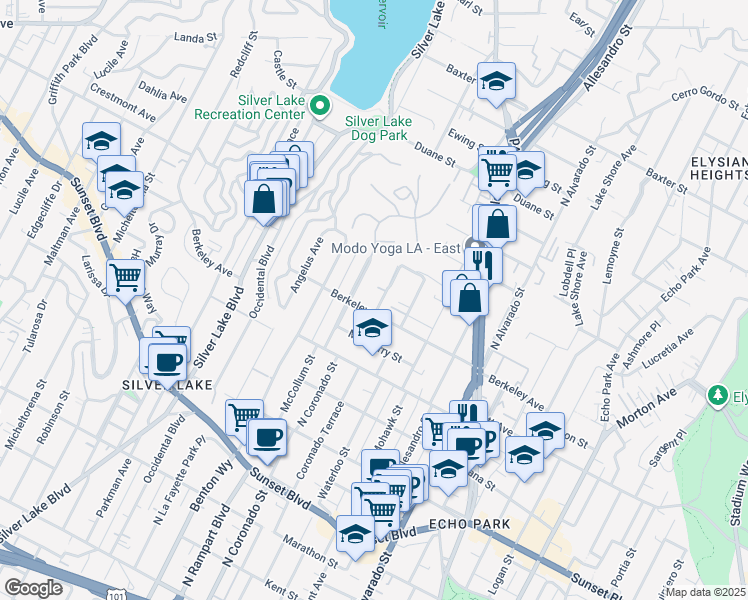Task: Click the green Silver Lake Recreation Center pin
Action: coord(320,104)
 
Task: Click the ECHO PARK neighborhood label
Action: coord(470,524)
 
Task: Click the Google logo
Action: coord(33,587)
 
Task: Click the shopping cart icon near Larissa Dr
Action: coord(125,277)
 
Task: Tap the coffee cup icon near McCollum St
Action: coord(267,437)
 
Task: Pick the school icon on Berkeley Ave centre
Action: coord(372,328)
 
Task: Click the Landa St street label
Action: coord(195,38)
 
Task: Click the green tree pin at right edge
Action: coord(717,396)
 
